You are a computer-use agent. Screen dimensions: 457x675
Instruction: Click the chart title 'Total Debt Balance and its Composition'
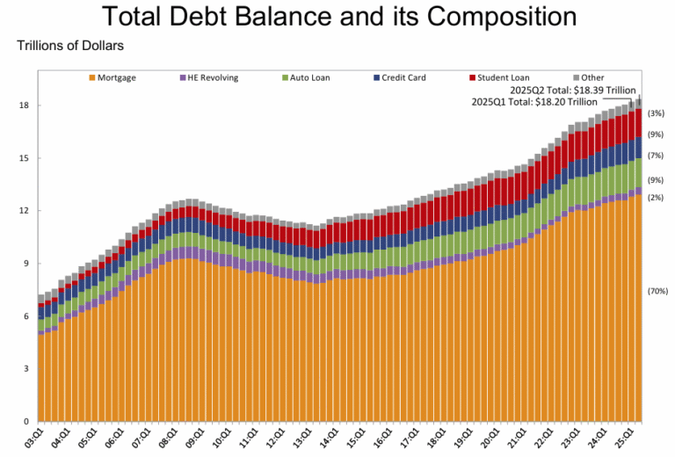[337, 17]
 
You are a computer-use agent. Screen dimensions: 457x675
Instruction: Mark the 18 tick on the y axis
[24, 105]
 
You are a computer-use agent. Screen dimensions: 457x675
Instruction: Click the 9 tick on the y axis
[26, 264]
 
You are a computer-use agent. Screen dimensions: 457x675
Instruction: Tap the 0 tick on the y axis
[26, 421]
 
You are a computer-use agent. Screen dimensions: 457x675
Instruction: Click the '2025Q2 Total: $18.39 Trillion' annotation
[573, 90]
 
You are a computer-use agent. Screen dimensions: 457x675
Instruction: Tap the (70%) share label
[657, 291]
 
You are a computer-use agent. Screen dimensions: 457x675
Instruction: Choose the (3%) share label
[656, 113]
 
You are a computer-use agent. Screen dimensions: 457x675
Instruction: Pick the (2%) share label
[656, 198]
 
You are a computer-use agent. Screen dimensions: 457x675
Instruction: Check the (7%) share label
[656, 156]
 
